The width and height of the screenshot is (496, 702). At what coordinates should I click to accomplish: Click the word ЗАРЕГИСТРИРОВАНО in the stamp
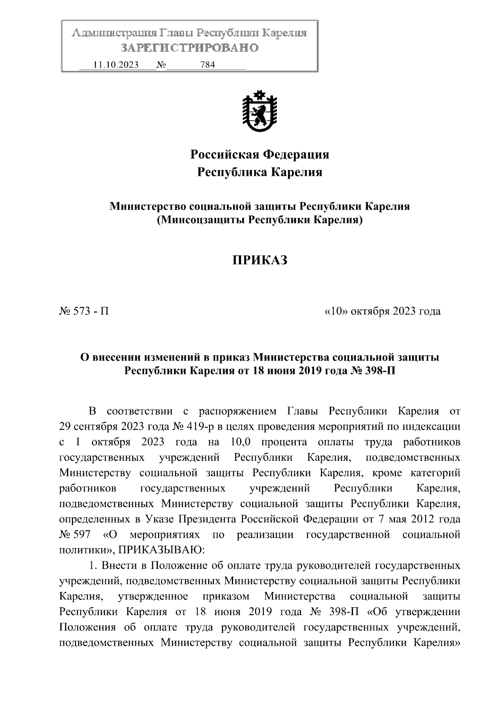(x=189, y=48)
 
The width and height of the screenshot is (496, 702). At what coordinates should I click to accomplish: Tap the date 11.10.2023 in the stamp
(x=116, y=65)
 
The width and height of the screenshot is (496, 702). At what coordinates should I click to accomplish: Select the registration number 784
(x=207, y=65)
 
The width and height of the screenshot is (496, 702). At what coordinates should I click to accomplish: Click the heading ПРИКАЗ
(x=259, y=260)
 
